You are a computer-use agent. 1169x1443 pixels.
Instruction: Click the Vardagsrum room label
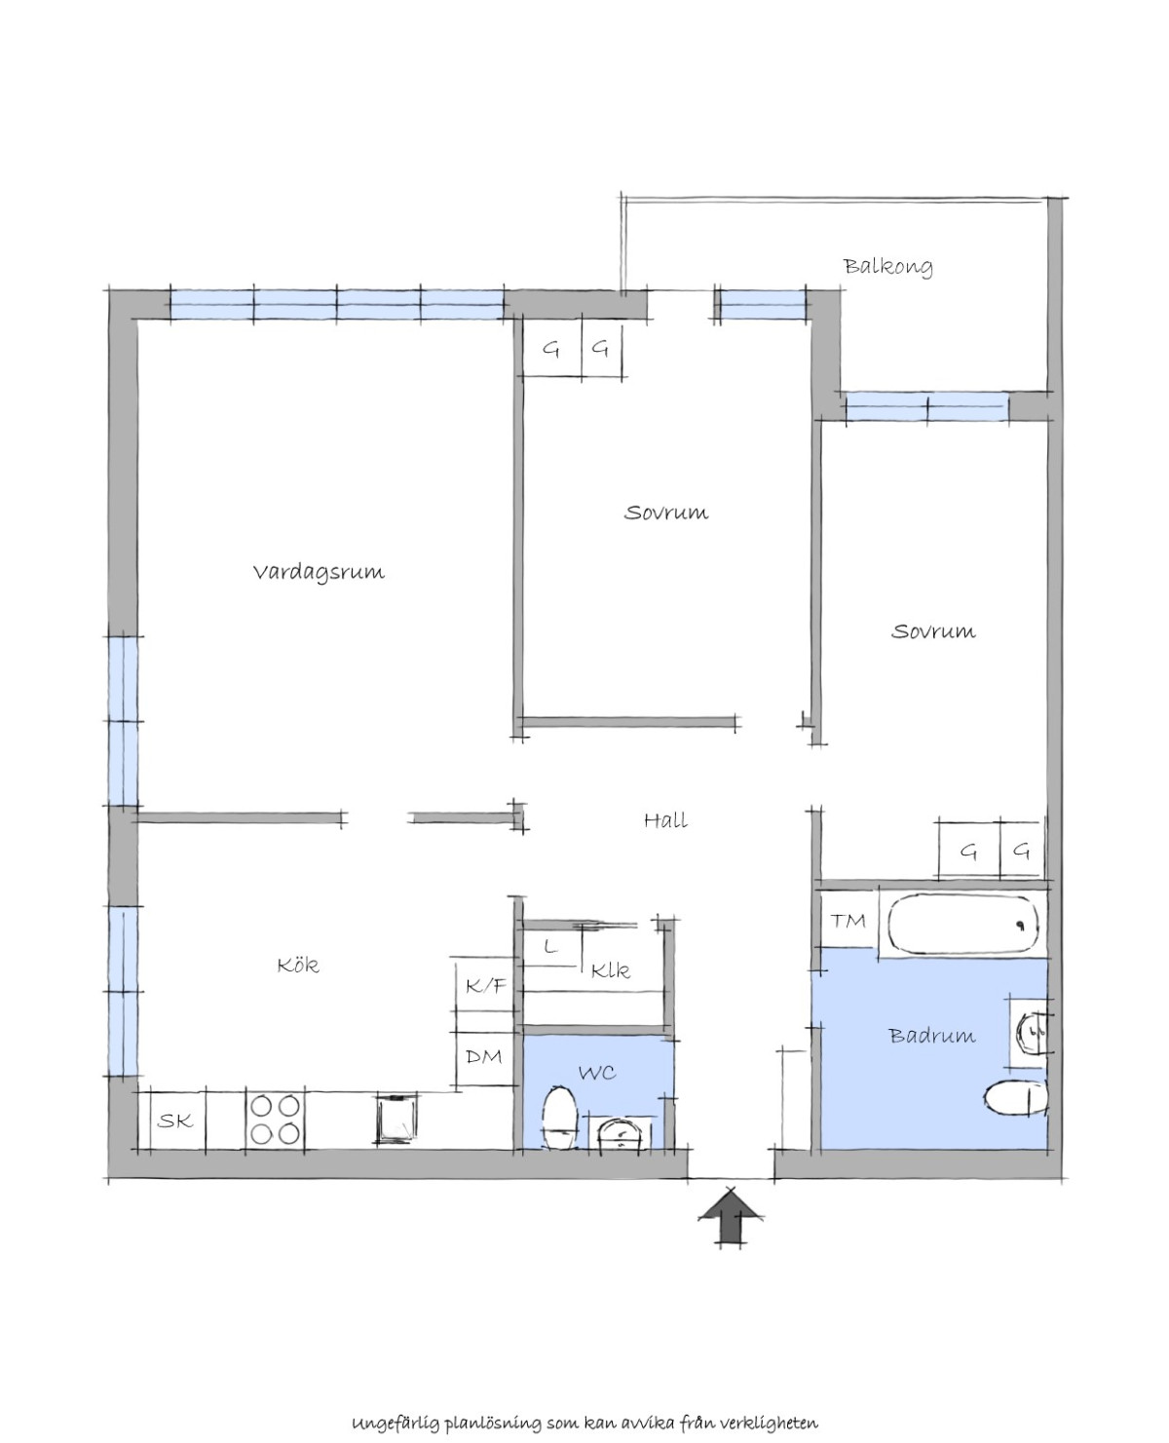coord(319,572)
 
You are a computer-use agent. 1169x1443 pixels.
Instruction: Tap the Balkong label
coord(887,266)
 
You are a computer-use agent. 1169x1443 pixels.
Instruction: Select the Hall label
coord(665,820)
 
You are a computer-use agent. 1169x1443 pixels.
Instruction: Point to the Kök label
coord(298,964)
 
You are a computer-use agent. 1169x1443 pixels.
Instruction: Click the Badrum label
coord(932,1035)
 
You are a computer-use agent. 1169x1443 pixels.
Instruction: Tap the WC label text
coord(597,1073)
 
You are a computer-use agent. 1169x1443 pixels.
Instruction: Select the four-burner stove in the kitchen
coord(275,1120)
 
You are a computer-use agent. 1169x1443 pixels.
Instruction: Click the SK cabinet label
coord(175,1121)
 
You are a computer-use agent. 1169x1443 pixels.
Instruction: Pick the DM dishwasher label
coord(484,1056)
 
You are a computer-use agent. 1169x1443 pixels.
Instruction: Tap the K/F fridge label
coord(485,986)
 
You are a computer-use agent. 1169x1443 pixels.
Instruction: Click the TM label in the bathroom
coord(848,920)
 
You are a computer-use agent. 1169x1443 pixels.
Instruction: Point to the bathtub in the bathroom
coord(962,924)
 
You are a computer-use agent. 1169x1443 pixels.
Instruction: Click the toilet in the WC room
coord(559,1118)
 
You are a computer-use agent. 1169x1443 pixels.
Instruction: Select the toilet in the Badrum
coord(1016,1098)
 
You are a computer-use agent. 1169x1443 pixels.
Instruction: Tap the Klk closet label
coord(610,970)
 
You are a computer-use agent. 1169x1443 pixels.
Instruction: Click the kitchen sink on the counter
coord(396,1120)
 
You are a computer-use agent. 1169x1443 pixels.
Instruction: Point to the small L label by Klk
coord(551,946)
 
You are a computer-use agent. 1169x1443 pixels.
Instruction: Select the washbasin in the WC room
coord(619,1132)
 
